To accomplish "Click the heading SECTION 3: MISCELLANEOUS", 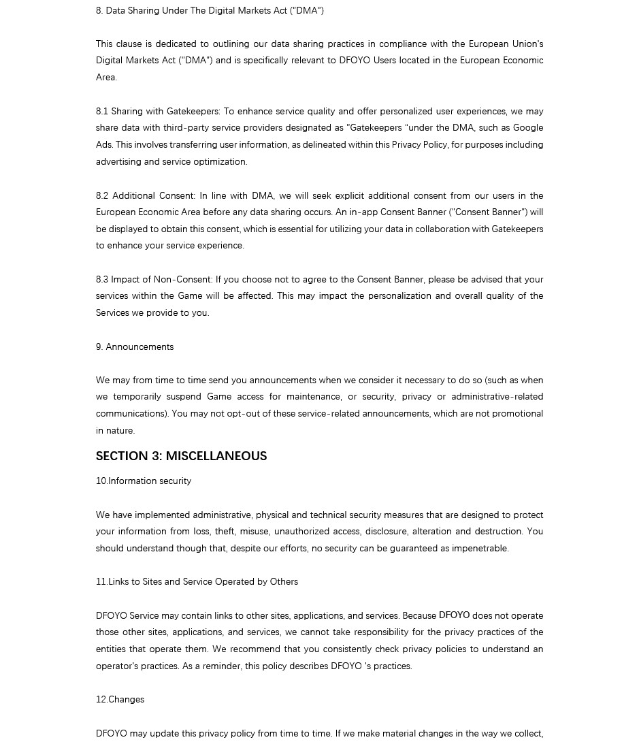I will coord(181,456).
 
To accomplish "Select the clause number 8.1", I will coord(102,111).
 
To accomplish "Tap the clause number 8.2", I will coord(102,195).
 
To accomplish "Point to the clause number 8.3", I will coord(102,279).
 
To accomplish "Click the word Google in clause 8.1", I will coord(528,128).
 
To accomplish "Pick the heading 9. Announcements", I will coord(135,346).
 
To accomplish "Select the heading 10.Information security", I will coord(144,481).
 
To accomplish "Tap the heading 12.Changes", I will coord(120,699).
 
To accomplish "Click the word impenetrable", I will coord(479,548).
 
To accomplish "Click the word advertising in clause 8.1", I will coord(118,161).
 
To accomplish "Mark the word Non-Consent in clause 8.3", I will coord(182,279).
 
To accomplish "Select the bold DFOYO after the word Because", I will coord(454,615).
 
